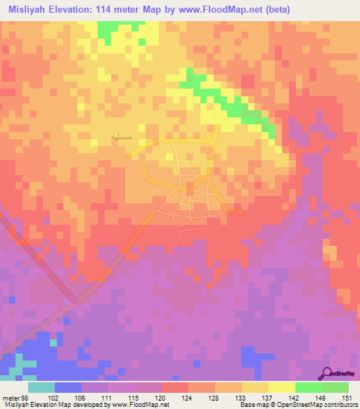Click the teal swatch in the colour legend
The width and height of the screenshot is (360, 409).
pyautogui.click(x=41, y=387)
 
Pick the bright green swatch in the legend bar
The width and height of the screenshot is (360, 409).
pyautogui.click(x=308, y=387)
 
